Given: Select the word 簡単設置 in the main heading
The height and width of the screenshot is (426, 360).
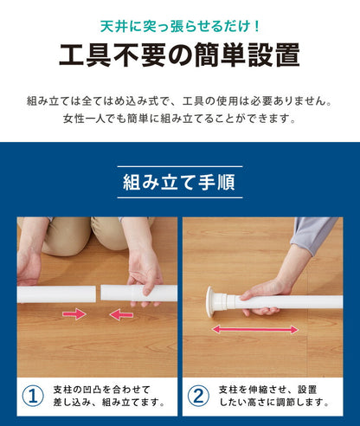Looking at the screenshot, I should click(251, 55).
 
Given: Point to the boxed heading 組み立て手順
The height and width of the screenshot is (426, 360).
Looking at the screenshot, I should click(180, 183).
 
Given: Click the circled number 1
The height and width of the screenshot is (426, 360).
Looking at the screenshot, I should click(33, 397).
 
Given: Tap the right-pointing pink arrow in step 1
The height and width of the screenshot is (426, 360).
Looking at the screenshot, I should click(74, 314).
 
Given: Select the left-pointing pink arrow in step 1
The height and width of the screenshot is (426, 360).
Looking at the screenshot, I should click(121, 314).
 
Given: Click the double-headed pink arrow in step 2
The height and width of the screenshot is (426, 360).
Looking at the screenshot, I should click(256, 329).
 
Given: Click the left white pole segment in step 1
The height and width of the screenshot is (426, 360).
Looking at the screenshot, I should click(54, 294).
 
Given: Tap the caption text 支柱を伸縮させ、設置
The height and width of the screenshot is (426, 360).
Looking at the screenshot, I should click(270, 389).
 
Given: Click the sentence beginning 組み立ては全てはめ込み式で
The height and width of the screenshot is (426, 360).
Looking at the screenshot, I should click(180, 100).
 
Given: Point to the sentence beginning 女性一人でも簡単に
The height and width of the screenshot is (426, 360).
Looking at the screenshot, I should click(180, 119).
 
